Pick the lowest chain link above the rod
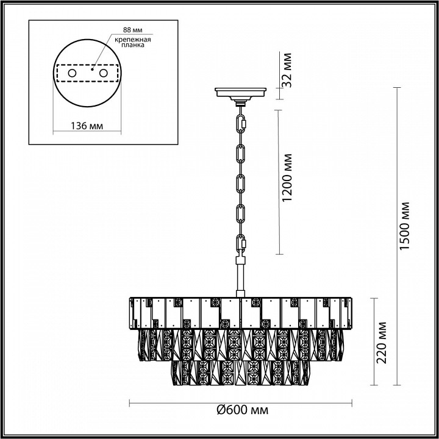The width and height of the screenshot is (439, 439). click(x=241, y=246)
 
